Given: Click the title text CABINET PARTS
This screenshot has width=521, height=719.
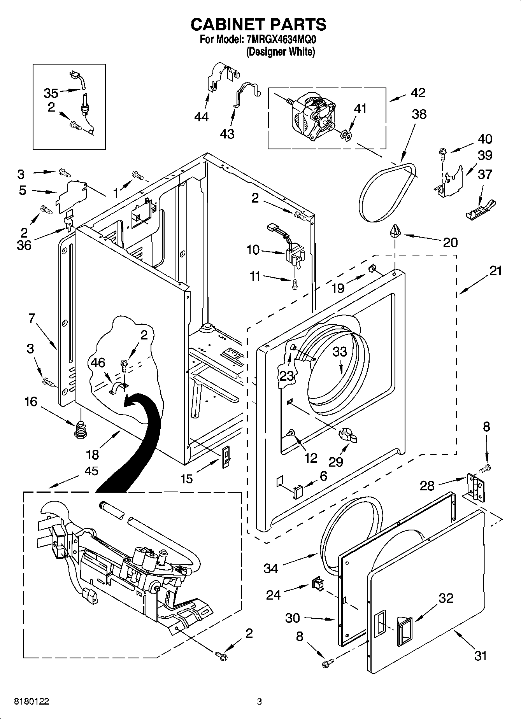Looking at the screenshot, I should point(258,24).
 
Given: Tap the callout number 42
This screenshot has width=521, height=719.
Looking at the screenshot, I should point(418,93).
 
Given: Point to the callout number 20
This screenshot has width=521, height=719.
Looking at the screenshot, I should point(450,243).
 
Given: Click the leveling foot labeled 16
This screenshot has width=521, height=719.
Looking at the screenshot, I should point(80,429).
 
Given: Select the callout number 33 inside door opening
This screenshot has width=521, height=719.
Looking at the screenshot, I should point(340,352).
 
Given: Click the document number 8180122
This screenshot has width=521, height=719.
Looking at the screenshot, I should point(32,701).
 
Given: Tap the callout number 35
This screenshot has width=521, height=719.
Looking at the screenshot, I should point(51,93).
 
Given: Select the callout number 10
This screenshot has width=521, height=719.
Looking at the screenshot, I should point(253,250).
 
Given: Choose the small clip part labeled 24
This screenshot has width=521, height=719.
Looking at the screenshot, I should point(317,583).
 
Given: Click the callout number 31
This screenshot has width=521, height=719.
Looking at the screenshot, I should point(481,656).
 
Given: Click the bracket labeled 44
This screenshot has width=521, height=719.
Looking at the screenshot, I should point(220,78).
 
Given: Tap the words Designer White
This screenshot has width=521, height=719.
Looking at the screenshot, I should point(280,52).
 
